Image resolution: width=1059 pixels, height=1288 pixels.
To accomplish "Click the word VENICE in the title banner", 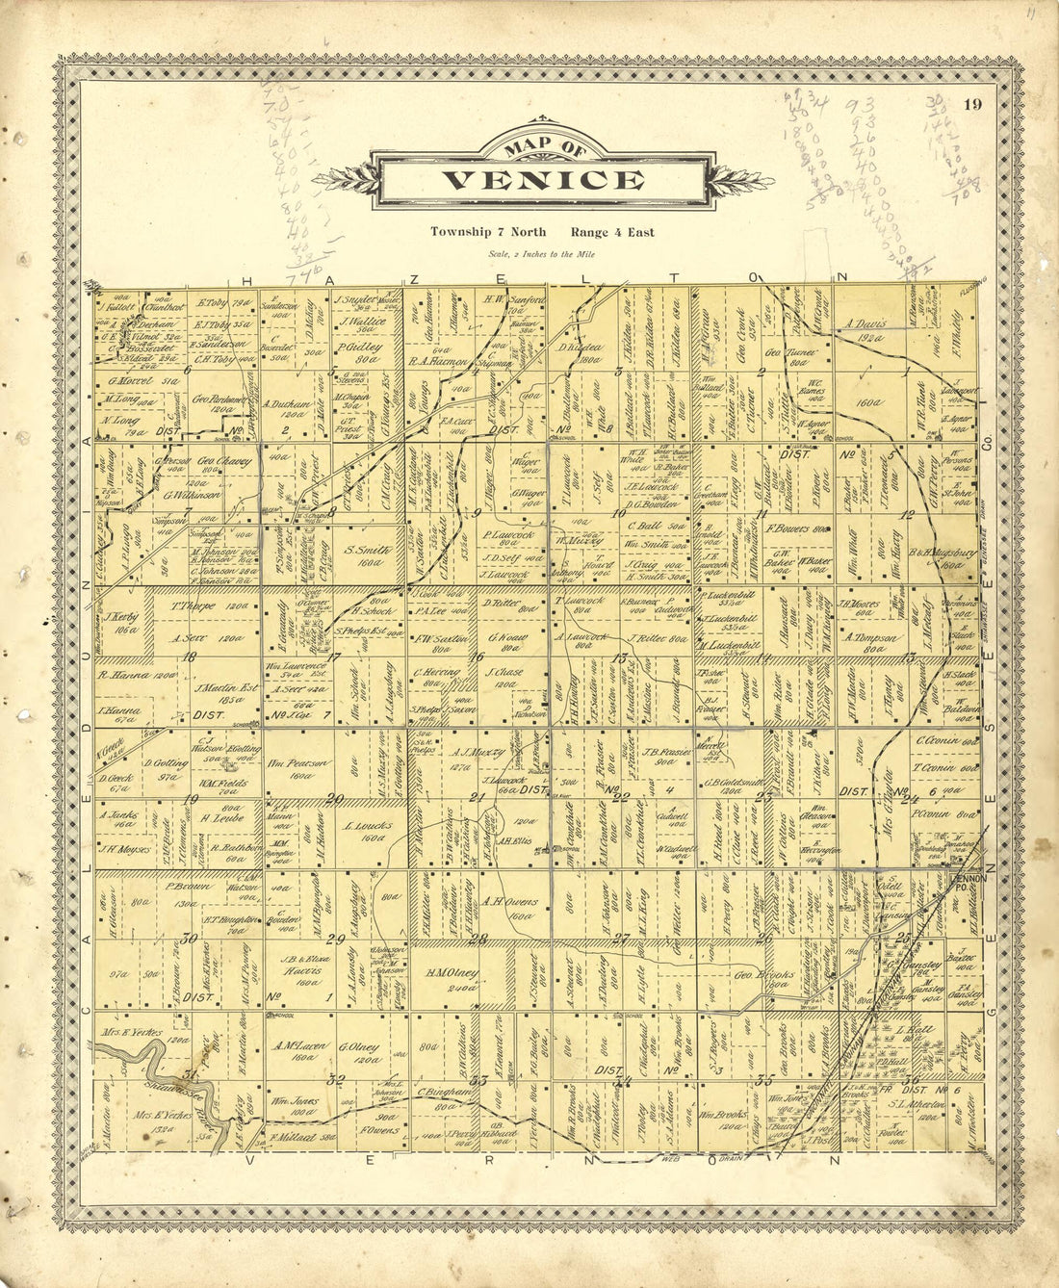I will (544, 180).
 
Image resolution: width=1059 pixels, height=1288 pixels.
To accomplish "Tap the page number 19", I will (972, 105).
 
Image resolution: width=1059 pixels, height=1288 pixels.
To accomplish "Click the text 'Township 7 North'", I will (488, 232).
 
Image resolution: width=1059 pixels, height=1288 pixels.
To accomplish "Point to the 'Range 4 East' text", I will (611, 232).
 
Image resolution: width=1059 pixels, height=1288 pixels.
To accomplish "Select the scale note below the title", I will (543, 254).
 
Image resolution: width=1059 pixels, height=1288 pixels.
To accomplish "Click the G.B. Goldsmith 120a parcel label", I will (735, 786).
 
